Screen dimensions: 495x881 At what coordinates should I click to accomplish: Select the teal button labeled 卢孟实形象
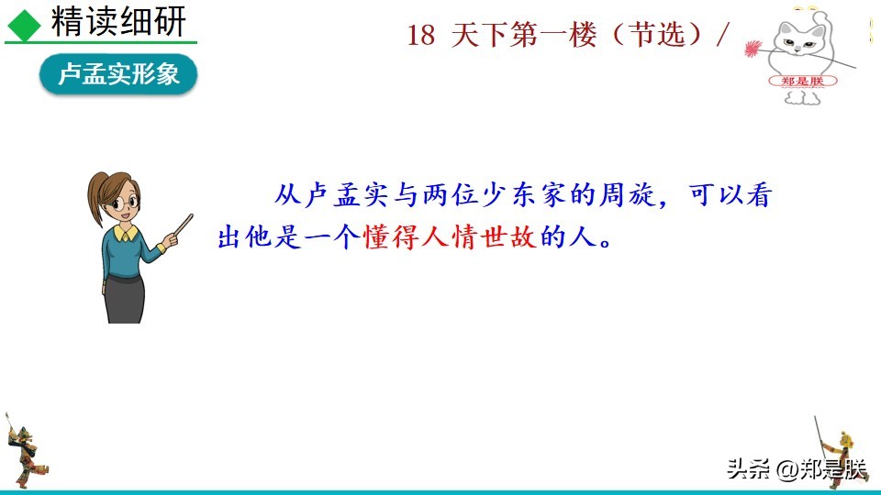click(x=118, y=75)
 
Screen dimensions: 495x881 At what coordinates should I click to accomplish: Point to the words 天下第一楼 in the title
click(x=523, y=36)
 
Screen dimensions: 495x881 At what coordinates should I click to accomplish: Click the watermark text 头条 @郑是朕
click(x=796, y=470)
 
